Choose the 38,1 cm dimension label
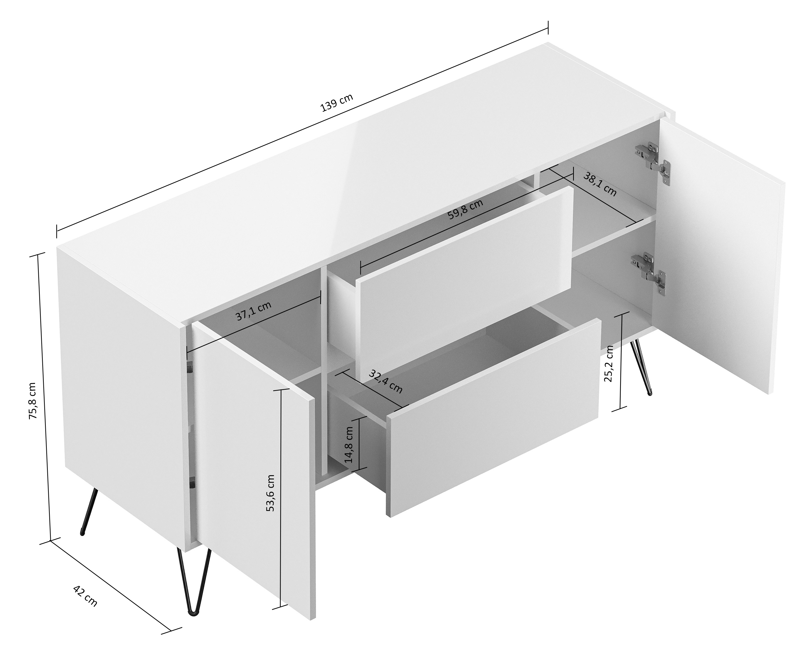tap(600, 184)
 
